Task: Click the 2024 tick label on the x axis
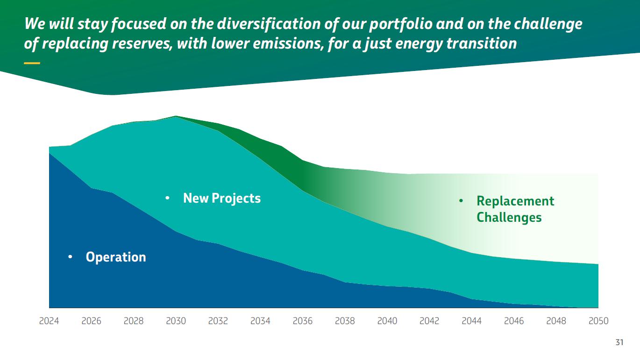[x=49, y=321]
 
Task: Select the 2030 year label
[x=176, y=321]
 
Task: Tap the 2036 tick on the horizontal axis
[x=302, y=321]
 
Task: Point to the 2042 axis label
[x=429, y=321]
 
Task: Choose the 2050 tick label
[x=598, y=321]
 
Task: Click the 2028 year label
[x=134, y=321]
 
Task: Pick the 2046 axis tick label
[x=514, y=321]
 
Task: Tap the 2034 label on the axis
[x=260, y=321]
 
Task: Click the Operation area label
[x=116, y=257]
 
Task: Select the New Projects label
[x=222, y=198]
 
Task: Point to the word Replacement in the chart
[x=515, y=201]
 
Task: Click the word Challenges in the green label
[x=509, y=218]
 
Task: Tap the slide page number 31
[x=619, y=343]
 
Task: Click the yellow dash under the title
[x=32, y=63]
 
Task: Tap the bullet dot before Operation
[x=70, y=257]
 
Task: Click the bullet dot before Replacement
[x=461, y=201]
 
